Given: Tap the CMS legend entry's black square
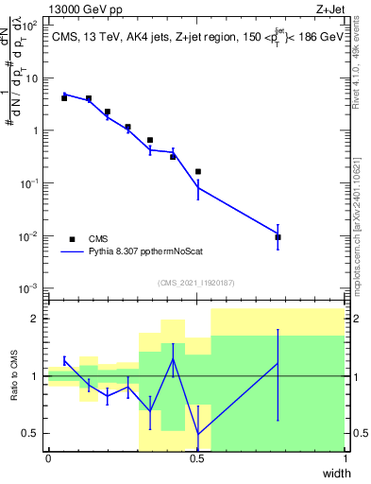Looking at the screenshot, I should pyautogui.click(x=72, y=239).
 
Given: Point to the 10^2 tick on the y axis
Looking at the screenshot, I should pyautogui.click(x=33, y=26).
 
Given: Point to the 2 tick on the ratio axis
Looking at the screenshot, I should pyautogui.click(x=36, y=319).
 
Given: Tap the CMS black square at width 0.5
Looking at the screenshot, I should pyautogui.click(x=198, y=172).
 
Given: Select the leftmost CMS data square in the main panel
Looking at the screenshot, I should pyautogui.click(x=64, y=97).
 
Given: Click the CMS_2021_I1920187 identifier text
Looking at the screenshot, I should pyautogui.click(x=195, y=283).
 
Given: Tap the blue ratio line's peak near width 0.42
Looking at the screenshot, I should pyautogui.click(x=173, y=359).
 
